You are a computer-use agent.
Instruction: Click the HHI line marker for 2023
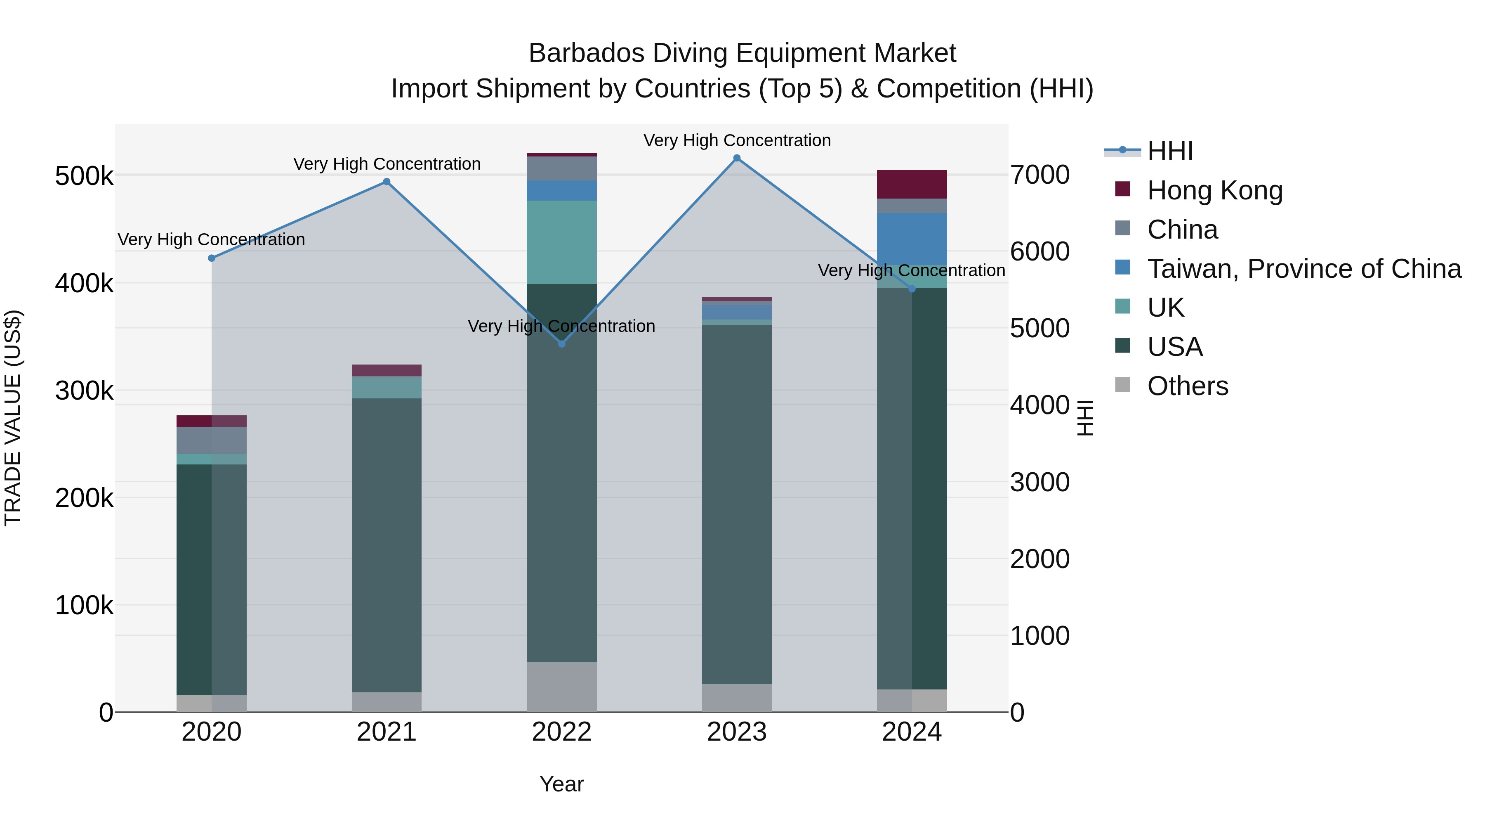click(x=737, y=158)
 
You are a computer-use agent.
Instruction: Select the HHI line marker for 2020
click(x=212, y=258)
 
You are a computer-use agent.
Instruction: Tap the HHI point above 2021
click(x=387, y=182)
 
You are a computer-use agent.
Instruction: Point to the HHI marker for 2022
click(x=562, y=344)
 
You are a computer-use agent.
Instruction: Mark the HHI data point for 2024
click(x=912, y=289)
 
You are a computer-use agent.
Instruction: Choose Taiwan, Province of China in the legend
click(x=1303, y=269)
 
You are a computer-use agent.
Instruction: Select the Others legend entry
click(x=1188, y=386)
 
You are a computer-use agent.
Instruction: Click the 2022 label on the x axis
click(x=561, y=732)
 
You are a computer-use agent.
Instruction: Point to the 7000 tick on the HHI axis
click(x=1040, y=175)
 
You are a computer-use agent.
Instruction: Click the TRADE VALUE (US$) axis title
click(x=13, y=418)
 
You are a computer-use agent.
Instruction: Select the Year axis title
click(x=561, y=784)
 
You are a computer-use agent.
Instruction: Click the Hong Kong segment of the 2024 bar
click(x=912, y=185)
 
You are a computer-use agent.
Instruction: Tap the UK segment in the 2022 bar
click(x=562, y=242)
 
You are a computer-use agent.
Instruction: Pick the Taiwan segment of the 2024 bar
click(x=912, y=239)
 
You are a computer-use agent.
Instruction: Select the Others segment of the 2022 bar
click(x=562, y=687)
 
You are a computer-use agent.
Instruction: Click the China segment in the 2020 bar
click(x=212, y=440)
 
